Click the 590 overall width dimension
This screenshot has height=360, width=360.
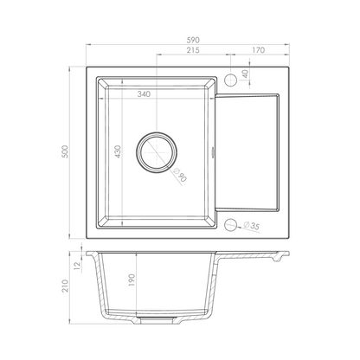(x=193, y=40)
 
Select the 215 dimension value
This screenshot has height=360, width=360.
(x=193, y=50)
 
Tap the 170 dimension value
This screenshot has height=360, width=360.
(x=259, y=50)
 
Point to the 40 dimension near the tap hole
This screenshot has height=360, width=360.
(x=246, y=74)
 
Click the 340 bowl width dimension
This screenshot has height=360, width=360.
(x=144, y=94)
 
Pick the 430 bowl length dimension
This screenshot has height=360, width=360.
(x=118, y=151)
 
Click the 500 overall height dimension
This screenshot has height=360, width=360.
(x=66, y=151)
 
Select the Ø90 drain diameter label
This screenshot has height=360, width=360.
(x=180, y=176)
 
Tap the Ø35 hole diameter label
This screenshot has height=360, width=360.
(x=251, y=226)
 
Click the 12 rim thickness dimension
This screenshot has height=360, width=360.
(x=77, y=266)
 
